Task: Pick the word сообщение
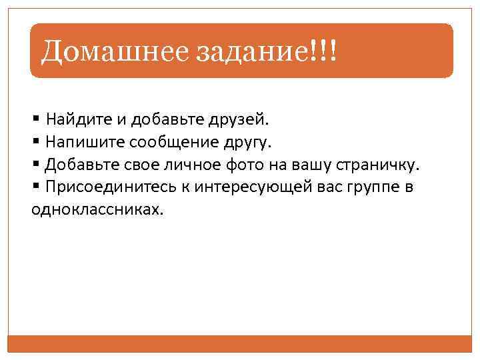[x=168, y=143]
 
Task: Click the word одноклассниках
[x=96, y=209]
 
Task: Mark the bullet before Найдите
[x=35, y=121]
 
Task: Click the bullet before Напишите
[x=35, y=143]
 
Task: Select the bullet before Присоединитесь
[x=35, y=187]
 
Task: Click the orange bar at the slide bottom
[x=240, y=343]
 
